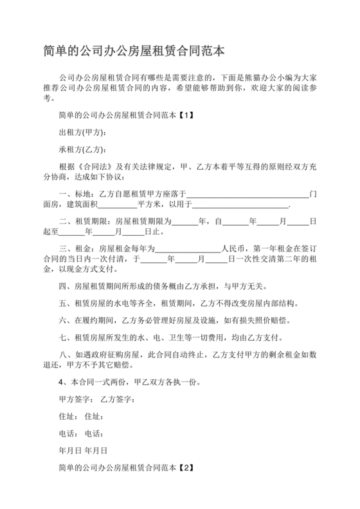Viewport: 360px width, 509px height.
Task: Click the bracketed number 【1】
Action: click(184, 116)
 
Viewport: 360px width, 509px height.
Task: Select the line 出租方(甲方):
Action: click(82, 133)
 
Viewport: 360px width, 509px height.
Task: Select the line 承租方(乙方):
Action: click(82, 150)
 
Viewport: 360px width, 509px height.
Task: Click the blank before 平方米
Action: click(118, 206)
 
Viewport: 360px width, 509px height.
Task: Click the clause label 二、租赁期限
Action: click(81, 222)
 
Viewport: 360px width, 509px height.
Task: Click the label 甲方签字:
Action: click(76, 400)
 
